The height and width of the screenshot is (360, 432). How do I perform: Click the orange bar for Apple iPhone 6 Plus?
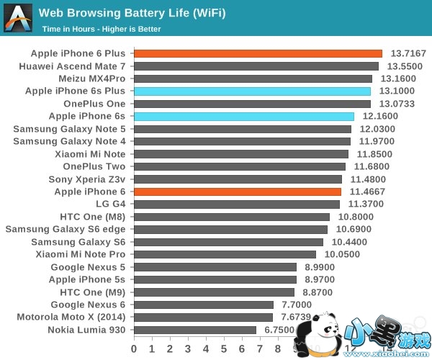pos(258,53)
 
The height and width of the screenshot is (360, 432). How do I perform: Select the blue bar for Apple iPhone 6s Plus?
pos(252,91)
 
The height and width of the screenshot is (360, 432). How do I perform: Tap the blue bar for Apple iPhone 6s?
pos(243,116)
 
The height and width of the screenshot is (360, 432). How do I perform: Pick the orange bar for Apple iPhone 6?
pos(237,192)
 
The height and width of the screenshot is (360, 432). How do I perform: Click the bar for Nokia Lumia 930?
pos(194,330)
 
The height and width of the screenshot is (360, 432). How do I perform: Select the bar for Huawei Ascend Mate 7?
pos(256,66)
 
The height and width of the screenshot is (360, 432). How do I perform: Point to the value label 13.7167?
pos(408,53)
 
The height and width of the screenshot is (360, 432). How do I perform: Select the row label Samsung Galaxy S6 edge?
pos(66,229)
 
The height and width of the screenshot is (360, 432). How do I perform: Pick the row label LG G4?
pos(111,204)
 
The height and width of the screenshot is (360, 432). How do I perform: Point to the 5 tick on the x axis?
pos(224,348)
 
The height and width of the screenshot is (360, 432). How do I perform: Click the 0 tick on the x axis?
pos(133,348)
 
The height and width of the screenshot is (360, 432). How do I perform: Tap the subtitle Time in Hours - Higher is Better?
pos(102,30)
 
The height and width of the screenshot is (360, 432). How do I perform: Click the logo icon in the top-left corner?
pos(18,17)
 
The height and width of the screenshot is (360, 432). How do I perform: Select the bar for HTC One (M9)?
pos(213,292)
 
